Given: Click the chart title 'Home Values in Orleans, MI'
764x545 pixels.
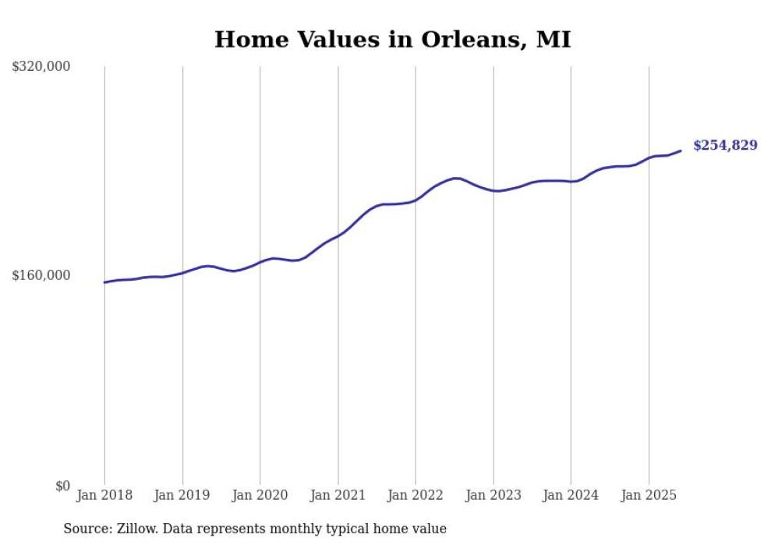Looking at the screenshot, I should (392, 39).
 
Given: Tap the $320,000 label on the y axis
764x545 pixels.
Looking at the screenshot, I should (41, 67).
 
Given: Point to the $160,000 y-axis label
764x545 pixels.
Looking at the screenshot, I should (41, 276).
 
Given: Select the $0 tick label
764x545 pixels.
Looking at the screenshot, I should (62, 486).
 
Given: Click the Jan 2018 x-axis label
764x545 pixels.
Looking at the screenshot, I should (104, 495).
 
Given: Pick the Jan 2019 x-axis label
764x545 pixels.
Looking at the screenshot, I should (182, 495).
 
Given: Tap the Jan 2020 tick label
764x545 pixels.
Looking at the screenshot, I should (260, 495).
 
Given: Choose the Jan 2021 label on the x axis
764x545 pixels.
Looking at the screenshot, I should (338, 495).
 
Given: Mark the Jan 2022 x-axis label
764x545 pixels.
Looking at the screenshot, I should (416, 495).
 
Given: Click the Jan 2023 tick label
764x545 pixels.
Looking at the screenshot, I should (493, 495).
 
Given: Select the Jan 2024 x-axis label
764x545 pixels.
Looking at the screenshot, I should (571, 495).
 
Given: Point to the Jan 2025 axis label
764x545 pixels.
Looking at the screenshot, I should (649, 495).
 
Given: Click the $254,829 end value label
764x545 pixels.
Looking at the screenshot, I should (724, 145).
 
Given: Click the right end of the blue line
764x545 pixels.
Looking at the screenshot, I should (681, 151).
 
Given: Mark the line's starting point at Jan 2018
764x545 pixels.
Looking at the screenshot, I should (104, 282).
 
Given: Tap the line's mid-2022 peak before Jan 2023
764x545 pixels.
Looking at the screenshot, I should (457, 179).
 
